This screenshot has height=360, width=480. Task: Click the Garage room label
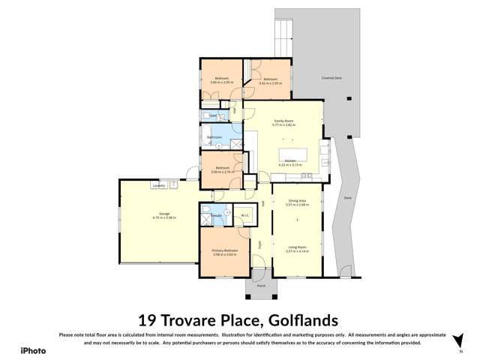pos(163,214)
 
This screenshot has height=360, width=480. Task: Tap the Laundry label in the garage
pos(157,184)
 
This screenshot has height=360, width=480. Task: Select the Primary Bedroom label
pos(225,250)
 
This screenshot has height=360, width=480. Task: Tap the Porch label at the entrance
pos(261,286)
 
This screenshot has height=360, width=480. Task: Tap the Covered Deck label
pos(333,77)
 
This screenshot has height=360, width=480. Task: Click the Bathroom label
pos(214,137)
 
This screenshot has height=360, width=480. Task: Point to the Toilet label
pos(213,116)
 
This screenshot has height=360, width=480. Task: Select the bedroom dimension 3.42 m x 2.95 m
pos(269,82)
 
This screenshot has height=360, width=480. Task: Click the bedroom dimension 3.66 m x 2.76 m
pos(223,172)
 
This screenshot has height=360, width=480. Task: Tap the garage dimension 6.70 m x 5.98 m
pos(163,218)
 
